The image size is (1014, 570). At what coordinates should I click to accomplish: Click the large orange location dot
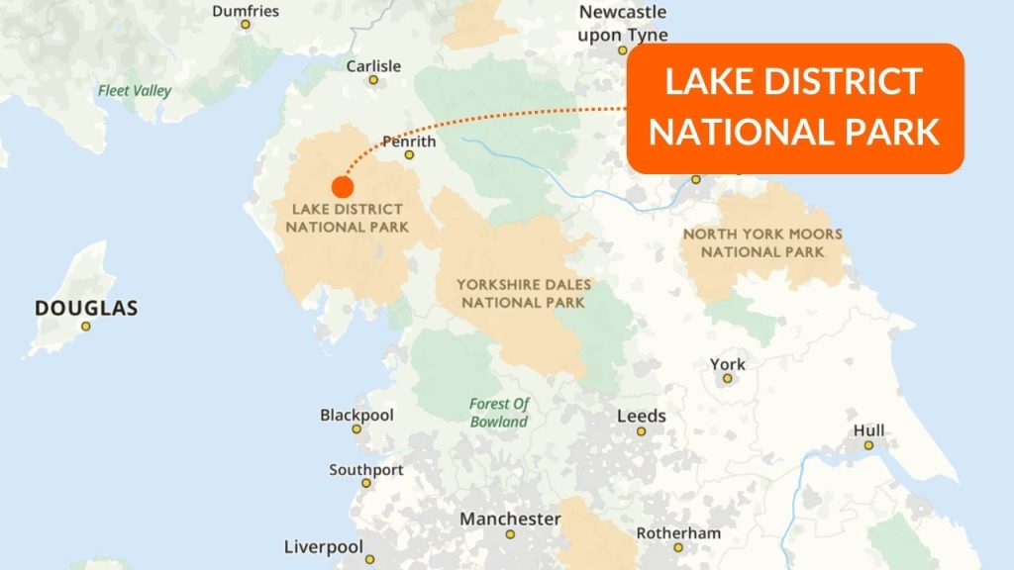click(343, 186)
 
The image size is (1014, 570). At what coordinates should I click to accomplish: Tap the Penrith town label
click(409, 142)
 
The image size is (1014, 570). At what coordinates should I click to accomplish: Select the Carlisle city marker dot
click(373, 79)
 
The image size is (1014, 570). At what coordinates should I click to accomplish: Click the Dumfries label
click(246, 11)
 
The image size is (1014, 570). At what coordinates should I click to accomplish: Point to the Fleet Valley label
click(135, 91)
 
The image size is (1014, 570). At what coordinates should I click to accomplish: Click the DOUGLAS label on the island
click(86, 308)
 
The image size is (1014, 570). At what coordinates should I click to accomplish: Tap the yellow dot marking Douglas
click(86, 327)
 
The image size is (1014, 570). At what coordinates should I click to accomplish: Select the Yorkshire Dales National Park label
click(524, 293)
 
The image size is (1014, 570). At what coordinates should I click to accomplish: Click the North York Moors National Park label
click(762, 242)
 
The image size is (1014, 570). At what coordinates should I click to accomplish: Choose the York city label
click(727, 365)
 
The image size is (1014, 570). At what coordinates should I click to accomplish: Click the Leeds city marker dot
click(641, 431)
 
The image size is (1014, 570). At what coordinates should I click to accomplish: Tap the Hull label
click(868, 430)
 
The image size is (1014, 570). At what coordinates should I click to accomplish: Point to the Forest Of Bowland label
click(499, 412)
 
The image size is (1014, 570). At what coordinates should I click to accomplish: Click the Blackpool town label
click(356, 415)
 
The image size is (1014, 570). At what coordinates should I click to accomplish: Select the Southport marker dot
click(366, 483)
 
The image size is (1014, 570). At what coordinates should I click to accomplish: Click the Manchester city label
click(510, 519)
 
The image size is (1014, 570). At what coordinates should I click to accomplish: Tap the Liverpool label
click(323, 546)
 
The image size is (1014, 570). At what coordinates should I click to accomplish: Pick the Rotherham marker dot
click(678, 546)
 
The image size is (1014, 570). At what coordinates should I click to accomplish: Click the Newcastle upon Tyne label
click(623, 24)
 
